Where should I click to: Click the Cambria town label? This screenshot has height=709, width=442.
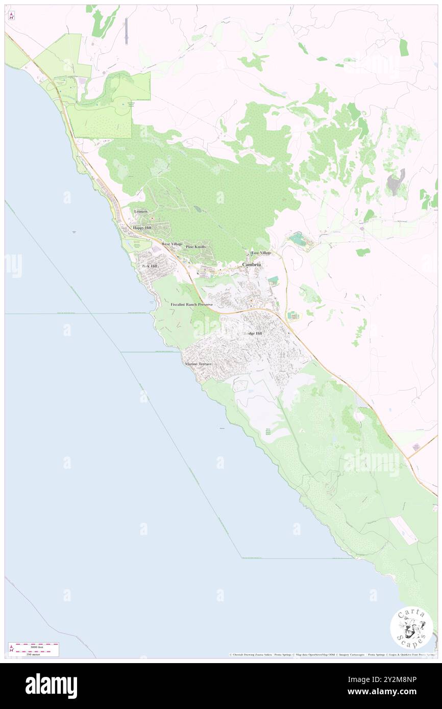[251, 265]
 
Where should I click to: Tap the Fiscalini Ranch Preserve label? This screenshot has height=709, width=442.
[191, 304]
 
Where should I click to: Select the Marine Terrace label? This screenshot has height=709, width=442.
[198, 364]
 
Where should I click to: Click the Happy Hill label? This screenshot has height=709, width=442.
[142, 227]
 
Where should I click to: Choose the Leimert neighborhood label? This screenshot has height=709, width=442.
[141, 211]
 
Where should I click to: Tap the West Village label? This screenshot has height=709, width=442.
[172, 244]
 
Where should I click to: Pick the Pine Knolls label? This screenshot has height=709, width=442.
[195, 246]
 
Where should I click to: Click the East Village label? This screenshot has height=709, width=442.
[261, 252]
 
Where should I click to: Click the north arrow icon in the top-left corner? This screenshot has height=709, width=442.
[11, 16]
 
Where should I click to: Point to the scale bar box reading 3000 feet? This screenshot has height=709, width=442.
[33, 649]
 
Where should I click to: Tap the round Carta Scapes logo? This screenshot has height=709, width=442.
[411, 627]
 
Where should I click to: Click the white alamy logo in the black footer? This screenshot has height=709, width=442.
[51, 686]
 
